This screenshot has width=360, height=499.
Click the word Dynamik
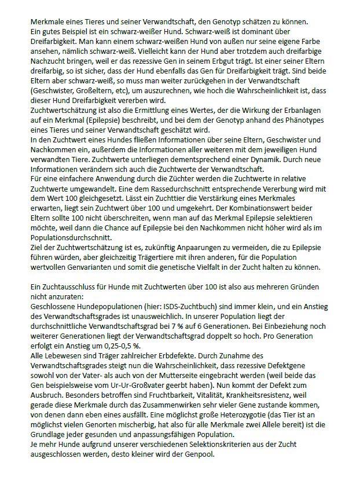click(x=262, y=159)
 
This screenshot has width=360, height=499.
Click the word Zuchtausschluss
click(x=68, y=288)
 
